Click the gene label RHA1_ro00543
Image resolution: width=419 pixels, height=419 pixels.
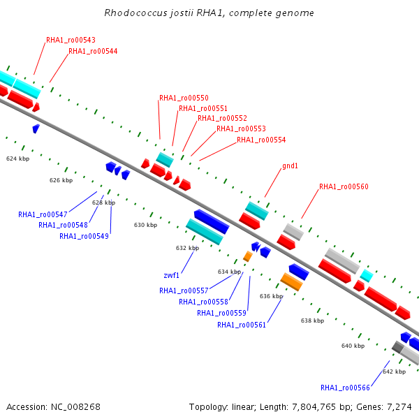click(71, 40)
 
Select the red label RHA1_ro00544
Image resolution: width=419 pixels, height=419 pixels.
click(93, 51)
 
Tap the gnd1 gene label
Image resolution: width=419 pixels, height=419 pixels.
click(290, 166)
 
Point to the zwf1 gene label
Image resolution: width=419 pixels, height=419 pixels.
click(171, 275)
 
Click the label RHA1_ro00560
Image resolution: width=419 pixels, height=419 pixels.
click(344, 186)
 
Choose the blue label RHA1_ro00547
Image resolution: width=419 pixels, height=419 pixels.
click(43, 214)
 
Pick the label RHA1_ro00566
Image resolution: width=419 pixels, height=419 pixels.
click(345, 388)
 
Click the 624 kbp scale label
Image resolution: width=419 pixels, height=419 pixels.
click(18, 159)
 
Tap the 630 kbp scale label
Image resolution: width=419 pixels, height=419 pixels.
click(146, 225)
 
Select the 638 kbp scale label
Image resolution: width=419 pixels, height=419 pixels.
click(313, 321)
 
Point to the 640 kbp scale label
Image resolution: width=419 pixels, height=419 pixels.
click(353, 346)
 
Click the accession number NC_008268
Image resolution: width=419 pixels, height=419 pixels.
click(75, 407)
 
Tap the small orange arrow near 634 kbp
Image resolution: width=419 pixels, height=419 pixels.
click(248, 256)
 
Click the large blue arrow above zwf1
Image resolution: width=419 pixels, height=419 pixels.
click(212, 221)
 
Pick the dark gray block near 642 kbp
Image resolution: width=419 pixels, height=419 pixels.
click(397, 347)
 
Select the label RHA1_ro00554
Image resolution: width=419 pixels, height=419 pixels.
click(261, 140)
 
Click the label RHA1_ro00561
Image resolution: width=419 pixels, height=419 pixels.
click(242, 325)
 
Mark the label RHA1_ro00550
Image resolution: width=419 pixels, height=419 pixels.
click(184, 98)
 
